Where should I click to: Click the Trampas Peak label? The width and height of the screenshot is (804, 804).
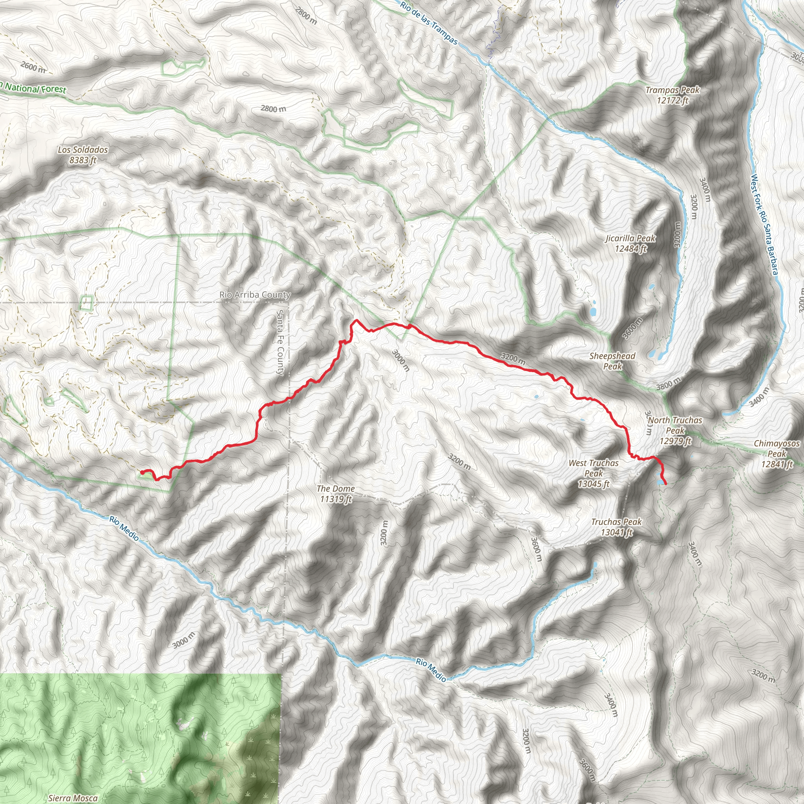672,95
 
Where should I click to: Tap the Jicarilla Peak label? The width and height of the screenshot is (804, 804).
630,243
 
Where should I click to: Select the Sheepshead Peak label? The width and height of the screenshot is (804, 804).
612,361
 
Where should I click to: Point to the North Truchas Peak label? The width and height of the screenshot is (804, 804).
675,431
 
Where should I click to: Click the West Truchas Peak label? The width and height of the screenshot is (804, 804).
594,473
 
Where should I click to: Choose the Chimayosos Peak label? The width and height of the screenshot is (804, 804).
777,453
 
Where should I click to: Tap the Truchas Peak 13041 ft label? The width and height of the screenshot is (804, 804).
616,527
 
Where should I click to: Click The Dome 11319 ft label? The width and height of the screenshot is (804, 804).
336,493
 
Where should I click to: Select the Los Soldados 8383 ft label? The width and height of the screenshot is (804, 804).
83,154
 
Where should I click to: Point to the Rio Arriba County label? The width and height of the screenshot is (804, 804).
255,295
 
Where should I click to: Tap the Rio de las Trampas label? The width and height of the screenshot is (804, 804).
429,23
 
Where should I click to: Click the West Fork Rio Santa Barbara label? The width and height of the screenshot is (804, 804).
764,225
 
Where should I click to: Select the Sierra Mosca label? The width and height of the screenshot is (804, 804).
73,798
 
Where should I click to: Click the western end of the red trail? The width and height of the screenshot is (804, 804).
141,472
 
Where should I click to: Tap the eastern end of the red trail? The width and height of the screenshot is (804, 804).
667,484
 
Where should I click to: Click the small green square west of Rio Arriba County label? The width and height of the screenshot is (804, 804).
86,303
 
